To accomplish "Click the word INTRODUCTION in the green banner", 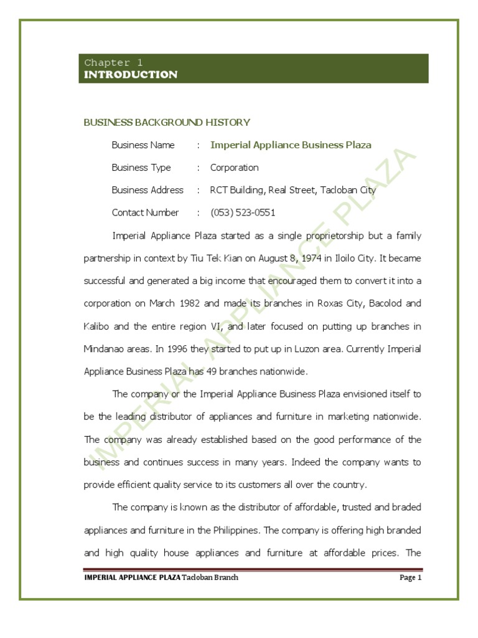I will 131,75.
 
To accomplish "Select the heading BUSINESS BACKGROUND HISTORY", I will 167,122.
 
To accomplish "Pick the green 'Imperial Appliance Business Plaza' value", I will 291,145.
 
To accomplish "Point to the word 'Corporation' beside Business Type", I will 234,168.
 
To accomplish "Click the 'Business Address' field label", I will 148,190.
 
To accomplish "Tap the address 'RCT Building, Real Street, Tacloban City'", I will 293,190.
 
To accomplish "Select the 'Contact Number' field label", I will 145,212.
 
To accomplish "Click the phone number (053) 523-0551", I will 243,212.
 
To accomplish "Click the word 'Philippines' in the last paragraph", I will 237,530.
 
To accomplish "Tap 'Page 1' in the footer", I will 411,578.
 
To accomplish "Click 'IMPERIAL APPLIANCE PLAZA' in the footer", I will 132,578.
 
